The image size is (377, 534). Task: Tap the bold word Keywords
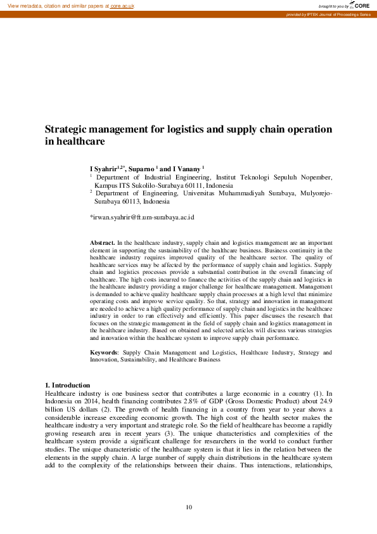(104, 351)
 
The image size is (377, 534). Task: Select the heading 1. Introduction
(67, 385)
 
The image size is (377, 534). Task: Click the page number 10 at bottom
(188, 507)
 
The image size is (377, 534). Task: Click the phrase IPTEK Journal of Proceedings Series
(339, 14)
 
